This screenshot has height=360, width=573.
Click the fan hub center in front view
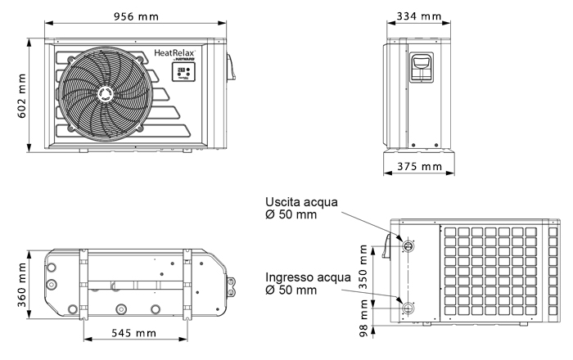[x=105, y=95]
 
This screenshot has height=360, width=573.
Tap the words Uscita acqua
[x=300, y=202]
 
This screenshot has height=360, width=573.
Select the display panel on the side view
[x=422, y=65]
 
